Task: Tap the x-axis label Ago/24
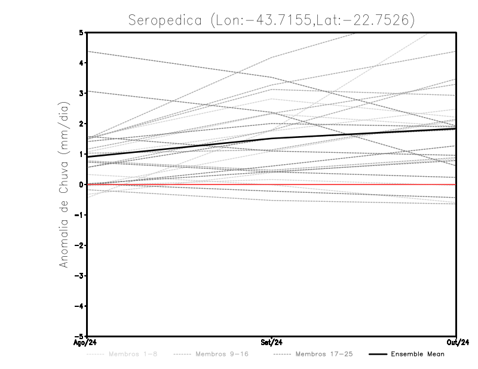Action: point(86,343)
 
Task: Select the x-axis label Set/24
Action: point(272,343)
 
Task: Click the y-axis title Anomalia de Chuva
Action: point(63,184)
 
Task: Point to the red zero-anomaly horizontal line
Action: point(358,184)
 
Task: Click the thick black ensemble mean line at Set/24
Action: point(272,139)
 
